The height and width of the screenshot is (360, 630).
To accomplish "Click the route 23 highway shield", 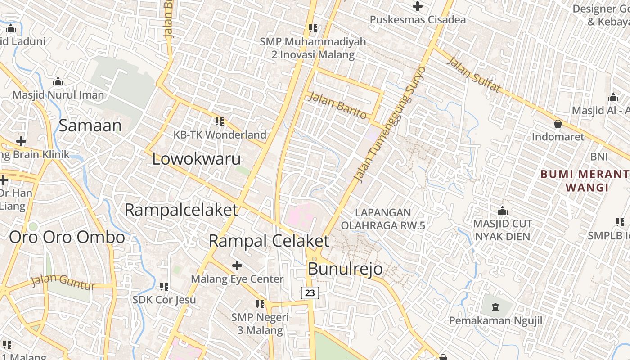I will pos(310,293).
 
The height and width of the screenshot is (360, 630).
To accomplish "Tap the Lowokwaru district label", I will pos(196,159).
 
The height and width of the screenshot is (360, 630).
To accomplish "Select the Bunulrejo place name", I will pos(345,269).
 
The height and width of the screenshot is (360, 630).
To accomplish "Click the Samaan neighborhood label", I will pos(90,126).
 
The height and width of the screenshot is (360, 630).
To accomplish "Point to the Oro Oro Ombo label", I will pos(67,238).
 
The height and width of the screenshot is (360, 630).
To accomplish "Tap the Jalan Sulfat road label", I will pos(473,75).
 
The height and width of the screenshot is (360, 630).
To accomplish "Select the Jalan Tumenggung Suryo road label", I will pos(390,124).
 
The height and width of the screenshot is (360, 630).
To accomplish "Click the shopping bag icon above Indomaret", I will pos(558,123).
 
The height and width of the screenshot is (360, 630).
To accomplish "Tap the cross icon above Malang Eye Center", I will pos(237,265).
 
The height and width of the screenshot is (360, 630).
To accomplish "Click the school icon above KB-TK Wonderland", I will pos(220,121).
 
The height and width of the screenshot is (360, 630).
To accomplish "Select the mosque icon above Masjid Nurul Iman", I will pos(58,82).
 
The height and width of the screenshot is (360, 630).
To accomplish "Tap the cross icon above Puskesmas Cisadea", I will pos(417,6).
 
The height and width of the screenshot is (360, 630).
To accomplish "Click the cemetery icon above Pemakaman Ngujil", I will pos(495,307).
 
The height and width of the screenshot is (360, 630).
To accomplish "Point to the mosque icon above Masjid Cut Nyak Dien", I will pos(503,210).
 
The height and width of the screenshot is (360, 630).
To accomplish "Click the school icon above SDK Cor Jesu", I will pos(164,286).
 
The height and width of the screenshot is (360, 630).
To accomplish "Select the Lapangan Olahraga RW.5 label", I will pos(383,219).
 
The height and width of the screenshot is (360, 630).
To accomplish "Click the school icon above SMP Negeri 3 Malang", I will pos(260,304).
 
